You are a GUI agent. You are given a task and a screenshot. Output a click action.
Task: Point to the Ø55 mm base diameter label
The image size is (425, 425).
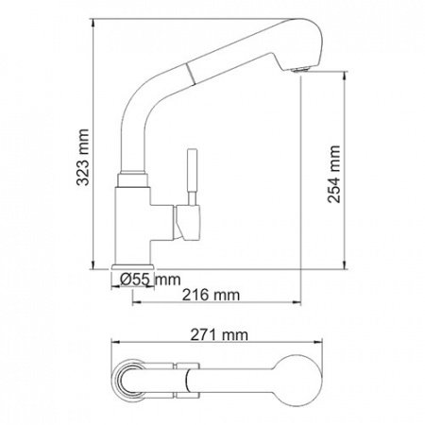click(150, 278)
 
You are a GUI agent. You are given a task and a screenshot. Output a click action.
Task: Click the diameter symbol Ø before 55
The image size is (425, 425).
click(127, 278)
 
